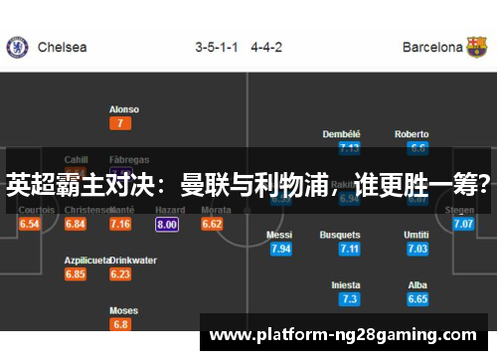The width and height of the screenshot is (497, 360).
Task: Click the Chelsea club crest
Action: coord(17,47)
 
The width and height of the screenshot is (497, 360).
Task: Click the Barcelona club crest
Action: coord(478,47)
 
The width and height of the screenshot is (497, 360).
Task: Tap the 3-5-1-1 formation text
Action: coord(218,47)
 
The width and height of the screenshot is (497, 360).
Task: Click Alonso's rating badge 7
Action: coord(120,123)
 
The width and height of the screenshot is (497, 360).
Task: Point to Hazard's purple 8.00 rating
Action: coord(167,225)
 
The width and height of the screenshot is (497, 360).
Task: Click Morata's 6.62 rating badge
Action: coord(212,225)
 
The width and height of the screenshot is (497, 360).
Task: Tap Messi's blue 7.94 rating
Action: coord(281,249)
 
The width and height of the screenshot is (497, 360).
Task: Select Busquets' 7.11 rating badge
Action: coord(349,249)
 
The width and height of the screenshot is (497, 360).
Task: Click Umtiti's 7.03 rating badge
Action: coord(417,249)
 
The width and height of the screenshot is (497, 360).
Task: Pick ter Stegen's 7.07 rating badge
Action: coord(463,225)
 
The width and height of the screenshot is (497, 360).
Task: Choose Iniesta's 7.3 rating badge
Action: coord(349,299)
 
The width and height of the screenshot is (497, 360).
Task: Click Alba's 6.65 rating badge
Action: coord(417,299)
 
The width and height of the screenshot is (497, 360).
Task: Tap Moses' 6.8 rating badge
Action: coord(120,324)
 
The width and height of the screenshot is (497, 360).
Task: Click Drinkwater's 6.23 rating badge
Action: coord(120,274)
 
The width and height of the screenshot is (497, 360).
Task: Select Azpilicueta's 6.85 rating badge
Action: coord(76,274)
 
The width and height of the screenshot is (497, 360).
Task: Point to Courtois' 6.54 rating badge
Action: coord(30,225)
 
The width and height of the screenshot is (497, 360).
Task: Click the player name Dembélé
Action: coord(342,134)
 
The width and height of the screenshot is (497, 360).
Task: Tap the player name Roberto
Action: coord(412,134)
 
